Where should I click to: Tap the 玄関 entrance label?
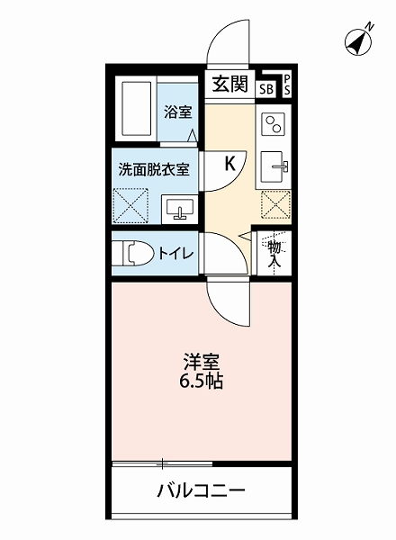pyautogui.click(x=229, y=85)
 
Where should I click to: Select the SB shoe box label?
pyautogui.click(x=265, y=88)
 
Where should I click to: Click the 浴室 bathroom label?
pyautogui.click(x=177, y=112)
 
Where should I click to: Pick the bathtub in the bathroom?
pyautogui.click(x=136, y=110)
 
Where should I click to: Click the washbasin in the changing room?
pyautogui.click(x=179, y=209)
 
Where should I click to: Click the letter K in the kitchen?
pyautogui.click(x=229, y=163)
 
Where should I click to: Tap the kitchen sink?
pyautogui.click(x=274, y=166)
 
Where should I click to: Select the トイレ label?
pyautogui.click(x=175, y=253)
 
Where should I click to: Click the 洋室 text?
pyautogui.click(x=202, y=362)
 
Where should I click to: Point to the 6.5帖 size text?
pyautogui.click(x=202, y=381)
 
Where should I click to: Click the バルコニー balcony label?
pyautogui.click(x=202, y=492)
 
